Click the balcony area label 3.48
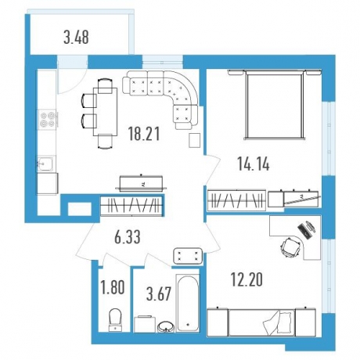[x=76, y=38]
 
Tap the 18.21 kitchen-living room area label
[x=144, y=134]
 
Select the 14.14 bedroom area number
[x=254, y=164]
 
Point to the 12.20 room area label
[x=247, y=279]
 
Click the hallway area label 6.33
[x=128, y=238]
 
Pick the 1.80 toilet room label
[x=113, y=288]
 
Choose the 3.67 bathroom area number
[x=159, y=294]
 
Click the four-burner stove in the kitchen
[x=47, y=119]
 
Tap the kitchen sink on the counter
[x=46, y=164]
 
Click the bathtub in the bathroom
[x=188, y=303]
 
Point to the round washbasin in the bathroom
[x=166, y=326]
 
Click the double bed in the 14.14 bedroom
[x=275, y=105]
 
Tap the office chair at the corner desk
[x=290, y=247]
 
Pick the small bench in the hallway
[x=188, y=255]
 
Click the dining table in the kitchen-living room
[x=105, y=112]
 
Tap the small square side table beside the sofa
[x=195, y=141]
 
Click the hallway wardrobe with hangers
[x=132, y=205]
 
